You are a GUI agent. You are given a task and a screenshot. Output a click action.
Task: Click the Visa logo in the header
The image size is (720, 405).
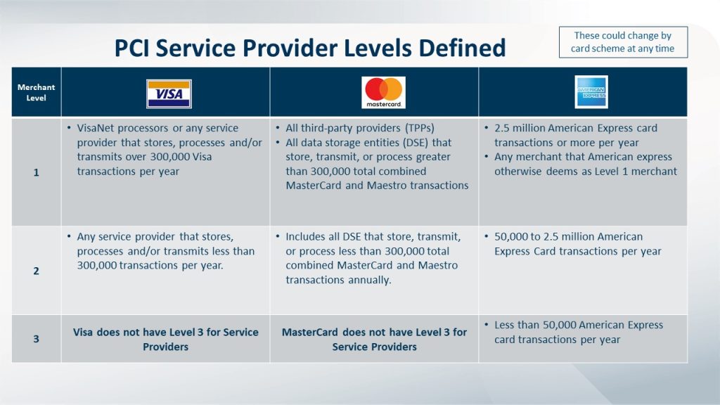pos(169,94)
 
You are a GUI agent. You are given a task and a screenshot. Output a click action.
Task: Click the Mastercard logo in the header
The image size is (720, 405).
pos(383,93)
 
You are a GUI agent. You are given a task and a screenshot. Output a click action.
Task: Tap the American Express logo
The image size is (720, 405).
pos(591,92)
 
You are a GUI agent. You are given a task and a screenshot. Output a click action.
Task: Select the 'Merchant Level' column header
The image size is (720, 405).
pos(36,93)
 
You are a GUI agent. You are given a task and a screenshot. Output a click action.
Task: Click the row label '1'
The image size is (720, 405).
pos(36,172)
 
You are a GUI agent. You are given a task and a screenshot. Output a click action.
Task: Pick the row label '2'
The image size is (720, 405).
pos(36,270)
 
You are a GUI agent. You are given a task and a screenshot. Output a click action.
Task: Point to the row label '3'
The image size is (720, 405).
pos(36,339)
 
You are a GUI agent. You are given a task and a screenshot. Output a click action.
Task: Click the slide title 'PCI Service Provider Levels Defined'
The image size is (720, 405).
pos(310,48)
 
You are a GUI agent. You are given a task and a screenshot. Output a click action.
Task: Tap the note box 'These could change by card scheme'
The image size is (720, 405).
pos(622,42)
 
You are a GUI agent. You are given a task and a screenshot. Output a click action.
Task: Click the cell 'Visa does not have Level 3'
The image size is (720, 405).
pos(166,340)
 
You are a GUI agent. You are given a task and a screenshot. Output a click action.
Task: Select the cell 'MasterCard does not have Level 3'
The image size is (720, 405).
pos(374,340)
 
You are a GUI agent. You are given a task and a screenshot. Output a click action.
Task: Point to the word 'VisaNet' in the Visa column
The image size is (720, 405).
pos(96,128)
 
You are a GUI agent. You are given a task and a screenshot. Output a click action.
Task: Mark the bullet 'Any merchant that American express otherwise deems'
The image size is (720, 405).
pos(585,164)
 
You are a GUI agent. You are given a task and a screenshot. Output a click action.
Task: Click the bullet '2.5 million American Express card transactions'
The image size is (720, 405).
pos(575,135)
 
